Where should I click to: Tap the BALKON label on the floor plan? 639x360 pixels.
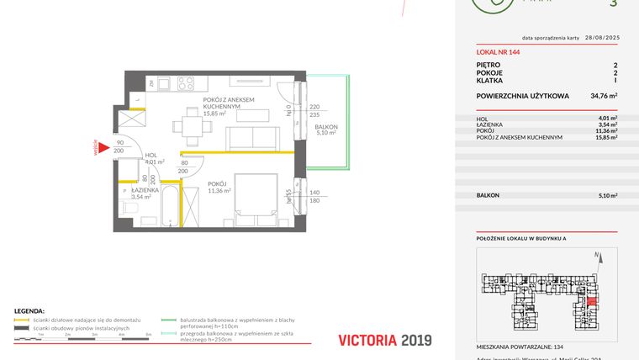click(x=325, y=125)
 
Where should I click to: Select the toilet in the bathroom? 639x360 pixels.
click(x=130, y=207)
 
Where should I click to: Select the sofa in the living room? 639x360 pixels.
click(x=250, y=138)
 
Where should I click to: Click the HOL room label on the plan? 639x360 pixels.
click(x=151, y=155)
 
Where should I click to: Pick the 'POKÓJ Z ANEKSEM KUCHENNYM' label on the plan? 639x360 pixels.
click(x=228, y=103)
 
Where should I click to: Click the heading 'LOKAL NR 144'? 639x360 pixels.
click(x=497, y=52)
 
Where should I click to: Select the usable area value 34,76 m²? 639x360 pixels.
click(x=604, y=97)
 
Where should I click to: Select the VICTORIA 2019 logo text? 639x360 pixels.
click(x=384, y=341)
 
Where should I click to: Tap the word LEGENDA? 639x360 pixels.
click(x=30, y=310)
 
